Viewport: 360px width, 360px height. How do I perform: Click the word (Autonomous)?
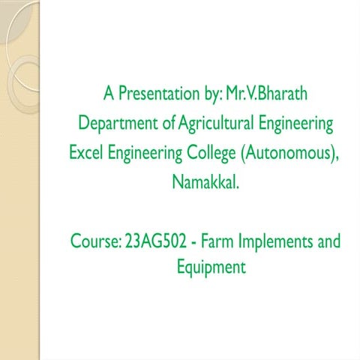point(286,152)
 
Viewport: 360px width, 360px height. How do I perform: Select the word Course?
point(92,241)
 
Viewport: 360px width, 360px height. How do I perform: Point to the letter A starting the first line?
point(109,94)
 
